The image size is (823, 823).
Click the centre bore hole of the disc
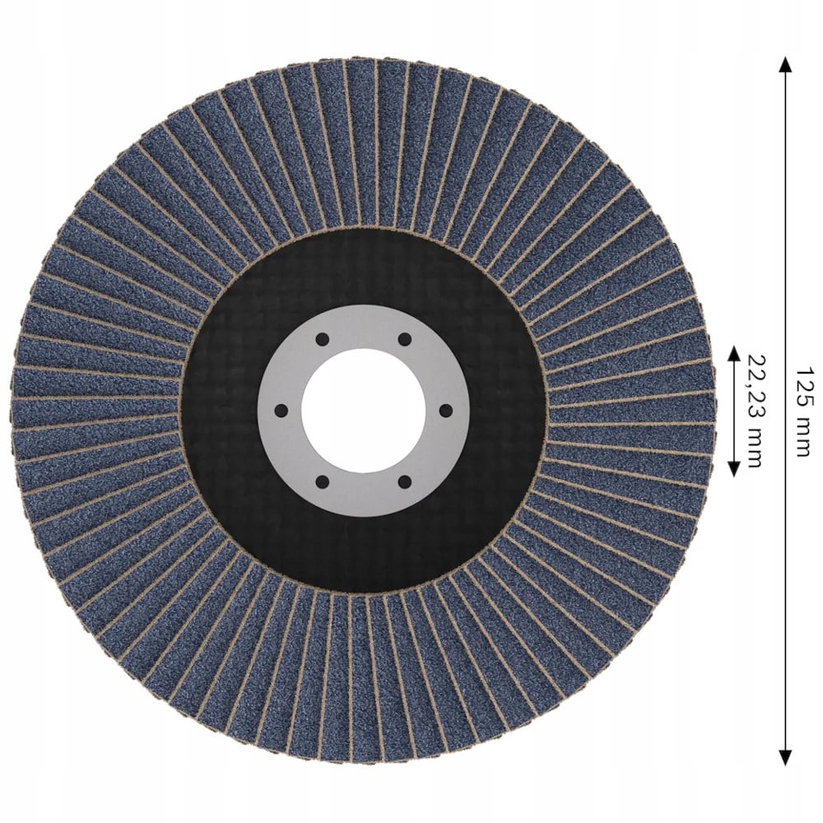[363, 411]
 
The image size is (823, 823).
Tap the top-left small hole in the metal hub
[323, 339]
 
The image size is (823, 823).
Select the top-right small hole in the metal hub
[404, 339]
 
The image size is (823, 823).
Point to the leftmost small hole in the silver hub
[281, 410]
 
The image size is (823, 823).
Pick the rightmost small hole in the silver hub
[445, 410]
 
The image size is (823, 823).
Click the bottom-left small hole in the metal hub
[323, 481]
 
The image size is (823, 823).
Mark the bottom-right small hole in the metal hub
[404, 481]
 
